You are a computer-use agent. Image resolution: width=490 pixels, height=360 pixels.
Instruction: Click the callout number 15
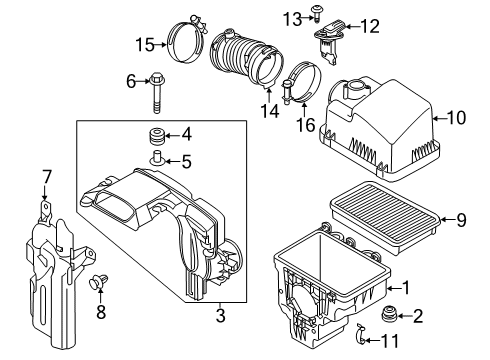click(x=145, y=45)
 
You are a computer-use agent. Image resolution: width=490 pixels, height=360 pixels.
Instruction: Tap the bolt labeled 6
click(x=156, y=92)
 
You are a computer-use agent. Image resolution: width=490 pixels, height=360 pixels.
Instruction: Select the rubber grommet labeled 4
click(x=156, y=135)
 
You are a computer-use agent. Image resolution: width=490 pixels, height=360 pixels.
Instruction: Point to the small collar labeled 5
click(x=156, y=158)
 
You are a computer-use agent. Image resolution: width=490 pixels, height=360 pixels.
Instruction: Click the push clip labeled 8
click(x=98, y=281)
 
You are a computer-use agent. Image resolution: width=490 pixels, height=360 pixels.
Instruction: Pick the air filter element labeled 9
click(x=385, y=217)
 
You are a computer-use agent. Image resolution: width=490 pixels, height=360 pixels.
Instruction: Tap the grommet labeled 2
click(x=389, y=315)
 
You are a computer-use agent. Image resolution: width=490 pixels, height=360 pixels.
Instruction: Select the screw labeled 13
click(x=315, y=12)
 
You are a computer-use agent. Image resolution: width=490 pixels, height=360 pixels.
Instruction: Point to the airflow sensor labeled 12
click(x=330, y=42)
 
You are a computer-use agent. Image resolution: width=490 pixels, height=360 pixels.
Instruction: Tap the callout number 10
click(x=456, y=118)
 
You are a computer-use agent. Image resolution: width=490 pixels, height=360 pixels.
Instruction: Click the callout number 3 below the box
click(x=220, y=315)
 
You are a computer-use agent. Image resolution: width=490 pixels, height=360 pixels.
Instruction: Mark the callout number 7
click(x=46, y=177)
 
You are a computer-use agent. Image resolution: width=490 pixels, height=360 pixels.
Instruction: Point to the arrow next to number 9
click(x=447, y=219)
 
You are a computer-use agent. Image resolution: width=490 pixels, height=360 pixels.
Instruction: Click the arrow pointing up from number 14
click(x=269, y=95)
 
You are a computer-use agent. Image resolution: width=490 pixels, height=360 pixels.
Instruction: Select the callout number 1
click(x=406, y=287)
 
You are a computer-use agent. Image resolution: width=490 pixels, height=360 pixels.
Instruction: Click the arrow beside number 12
click(x=352, y=26)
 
